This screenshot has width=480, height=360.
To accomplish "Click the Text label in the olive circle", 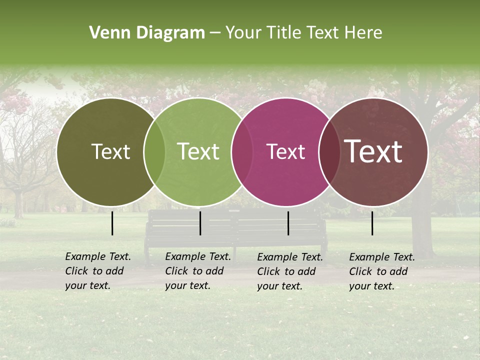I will pyautogui.click(x=110, y=152).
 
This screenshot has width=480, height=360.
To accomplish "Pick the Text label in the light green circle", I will pyautogui.click(x=198, y=152).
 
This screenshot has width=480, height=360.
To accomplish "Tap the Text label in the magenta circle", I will pyautogui.click(x=286, y=152).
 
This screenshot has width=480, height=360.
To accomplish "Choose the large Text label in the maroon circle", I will pyautogui.click(x=373, y=151).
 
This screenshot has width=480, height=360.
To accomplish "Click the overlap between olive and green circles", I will pyautogui.click(x=154, y=152).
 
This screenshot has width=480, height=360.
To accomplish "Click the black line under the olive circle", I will pyautogui.click(x=112, y=223).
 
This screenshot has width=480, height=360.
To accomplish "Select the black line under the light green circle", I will pyautogui.click(x=200, y=223).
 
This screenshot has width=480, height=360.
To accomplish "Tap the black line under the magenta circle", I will pyautogui.click(x=288, y=223).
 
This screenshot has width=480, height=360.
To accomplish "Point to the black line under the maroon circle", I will pyautogui.click(x=372, y=223).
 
